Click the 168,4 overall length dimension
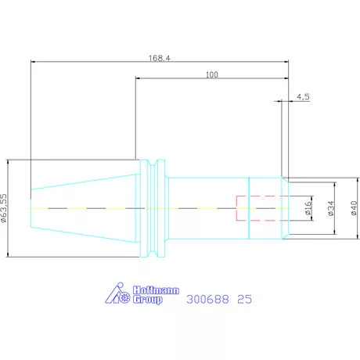tap(160, 58)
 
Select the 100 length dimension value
tap(212, 74)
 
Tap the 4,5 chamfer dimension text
tap(303, 97)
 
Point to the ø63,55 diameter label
tap(3, 208)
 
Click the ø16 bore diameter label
tap(308, 208)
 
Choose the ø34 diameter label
tap(331, 208)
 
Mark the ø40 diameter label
tap(354, 208)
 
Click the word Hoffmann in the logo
tap(156, 290)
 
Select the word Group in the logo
tap(148, 300)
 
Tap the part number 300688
tap(207, 299)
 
